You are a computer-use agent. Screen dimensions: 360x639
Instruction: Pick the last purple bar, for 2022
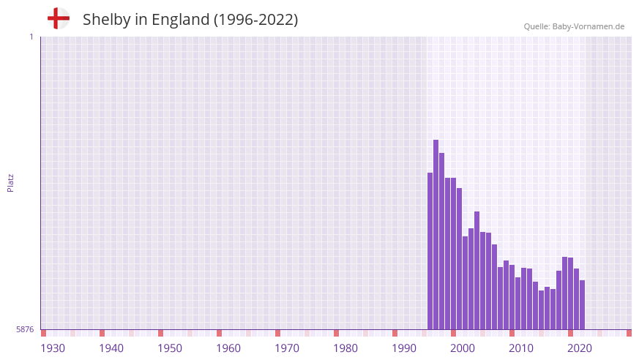(582, 304)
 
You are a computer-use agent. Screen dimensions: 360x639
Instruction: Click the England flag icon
(59, 19)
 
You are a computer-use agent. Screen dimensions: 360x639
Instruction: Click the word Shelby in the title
(105, 20)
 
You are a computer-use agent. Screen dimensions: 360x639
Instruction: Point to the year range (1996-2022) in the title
(255, 20)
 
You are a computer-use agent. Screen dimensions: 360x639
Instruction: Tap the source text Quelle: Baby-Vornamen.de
(574, 26)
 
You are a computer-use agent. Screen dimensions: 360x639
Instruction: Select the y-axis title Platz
(10, 182)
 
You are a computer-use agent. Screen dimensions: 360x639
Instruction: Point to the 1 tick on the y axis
(31, 37)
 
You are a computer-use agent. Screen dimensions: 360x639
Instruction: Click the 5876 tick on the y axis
(25, 330)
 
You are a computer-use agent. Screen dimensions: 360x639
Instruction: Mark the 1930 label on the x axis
(53, 348)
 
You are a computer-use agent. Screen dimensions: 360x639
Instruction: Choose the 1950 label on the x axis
(170, 348)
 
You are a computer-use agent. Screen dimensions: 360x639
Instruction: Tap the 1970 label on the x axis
(287, 348)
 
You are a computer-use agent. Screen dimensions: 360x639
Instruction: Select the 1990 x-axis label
(404, 348)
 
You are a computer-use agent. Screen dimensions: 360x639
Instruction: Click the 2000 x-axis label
(463, 348)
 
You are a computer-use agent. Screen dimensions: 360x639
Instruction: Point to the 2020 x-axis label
(580, 348)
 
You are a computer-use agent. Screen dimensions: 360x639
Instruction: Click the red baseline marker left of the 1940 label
(102, 333)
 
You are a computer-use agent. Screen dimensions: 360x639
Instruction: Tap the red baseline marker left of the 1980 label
(336, 333)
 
